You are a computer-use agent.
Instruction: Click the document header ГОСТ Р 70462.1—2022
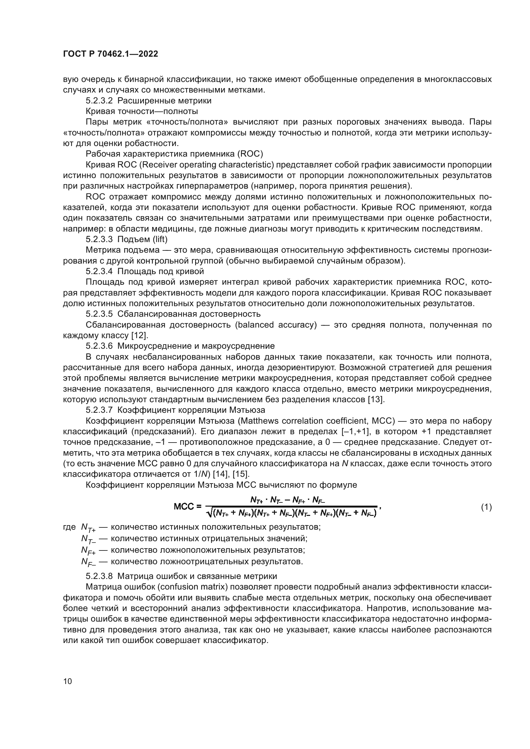(110, 54)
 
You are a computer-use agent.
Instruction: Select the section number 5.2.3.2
(99, 101)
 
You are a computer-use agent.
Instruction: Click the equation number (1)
(486, 507)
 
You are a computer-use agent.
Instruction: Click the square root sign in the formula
(209, 513)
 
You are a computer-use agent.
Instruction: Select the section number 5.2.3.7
(99, 410)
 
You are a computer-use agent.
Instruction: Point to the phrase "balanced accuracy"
(276, 325)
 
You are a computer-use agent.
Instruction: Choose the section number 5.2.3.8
(99, 576)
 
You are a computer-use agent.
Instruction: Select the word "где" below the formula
(69, 527)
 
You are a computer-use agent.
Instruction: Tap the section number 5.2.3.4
(99, 271)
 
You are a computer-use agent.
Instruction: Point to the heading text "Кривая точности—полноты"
(142, 111)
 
